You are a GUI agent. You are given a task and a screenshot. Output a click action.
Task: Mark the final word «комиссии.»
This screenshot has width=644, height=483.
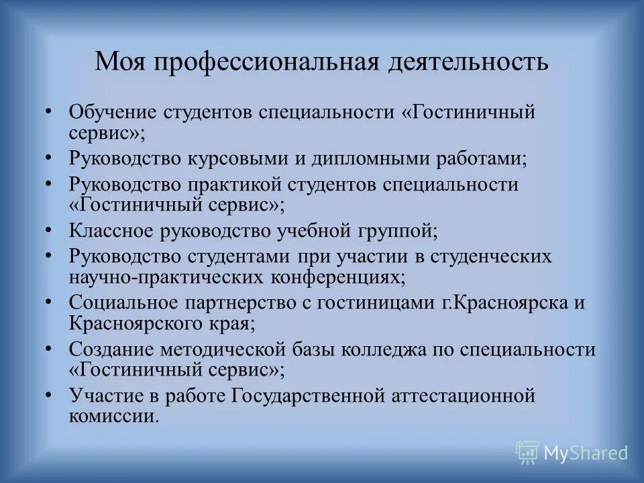114,415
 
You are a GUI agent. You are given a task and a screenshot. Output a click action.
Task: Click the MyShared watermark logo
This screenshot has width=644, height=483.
572,453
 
